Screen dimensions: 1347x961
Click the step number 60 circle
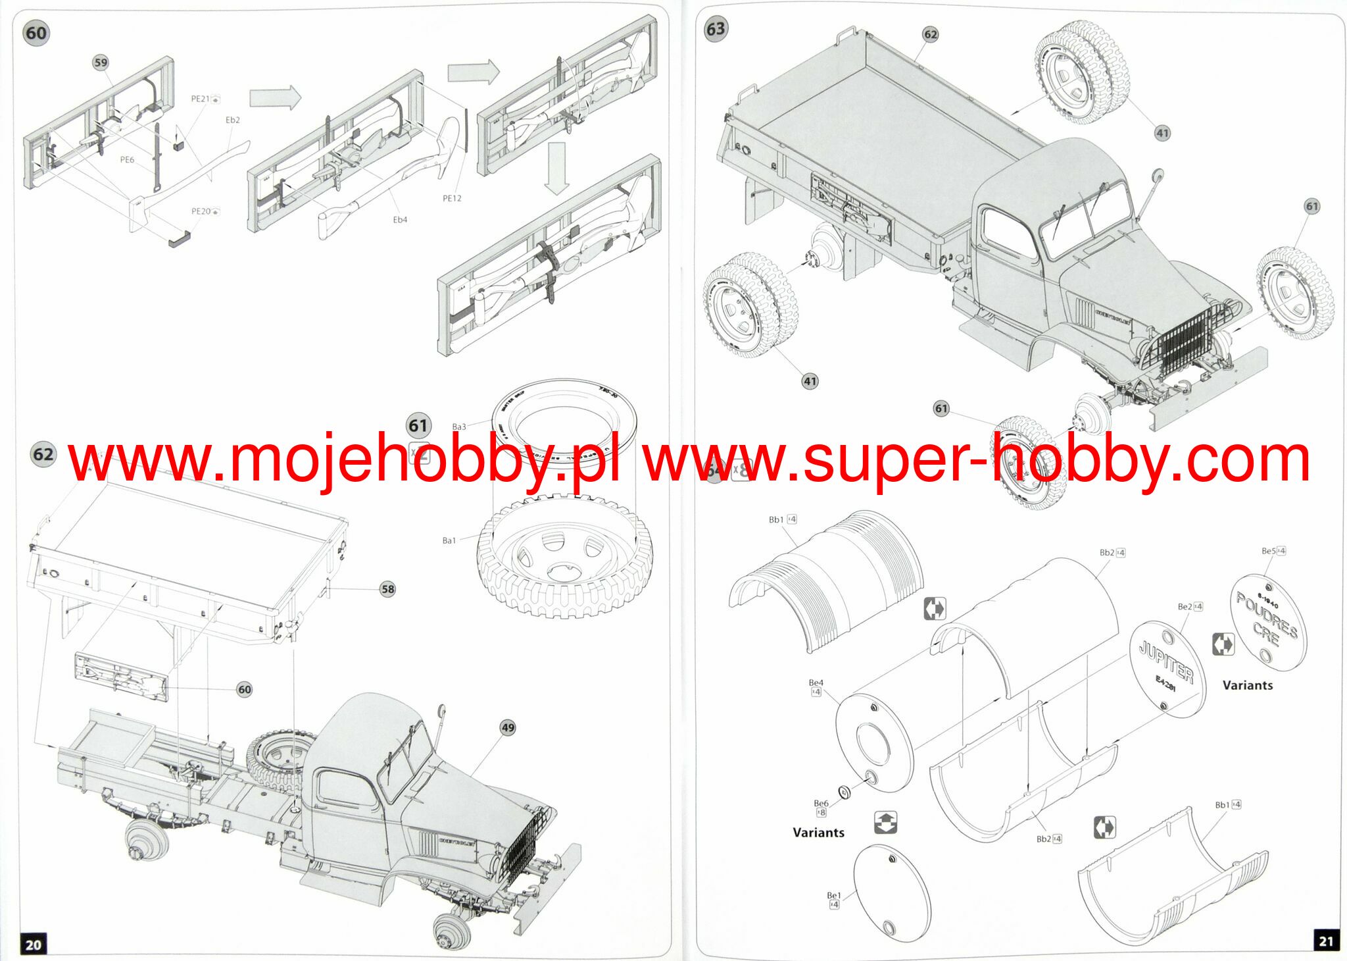36,33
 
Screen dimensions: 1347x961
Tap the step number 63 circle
715,29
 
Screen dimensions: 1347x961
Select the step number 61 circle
418,426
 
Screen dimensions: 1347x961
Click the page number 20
33,945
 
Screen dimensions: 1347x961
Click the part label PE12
452,198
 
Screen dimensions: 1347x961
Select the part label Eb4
400,220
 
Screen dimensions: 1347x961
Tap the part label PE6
127,160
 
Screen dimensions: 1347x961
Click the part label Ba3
458,427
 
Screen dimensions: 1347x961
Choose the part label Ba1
449,540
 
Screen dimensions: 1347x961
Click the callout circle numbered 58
388,589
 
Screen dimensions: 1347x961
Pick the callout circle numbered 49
508,728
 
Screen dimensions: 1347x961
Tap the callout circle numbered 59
100,63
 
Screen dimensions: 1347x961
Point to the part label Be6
821,804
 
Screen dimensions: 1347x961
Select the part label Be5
1268,551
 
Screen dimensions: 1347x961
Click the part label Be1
833,896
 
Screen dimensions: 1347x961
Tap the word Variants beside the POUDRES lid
1247,685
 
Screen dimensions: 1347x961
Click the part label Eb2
233,120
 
